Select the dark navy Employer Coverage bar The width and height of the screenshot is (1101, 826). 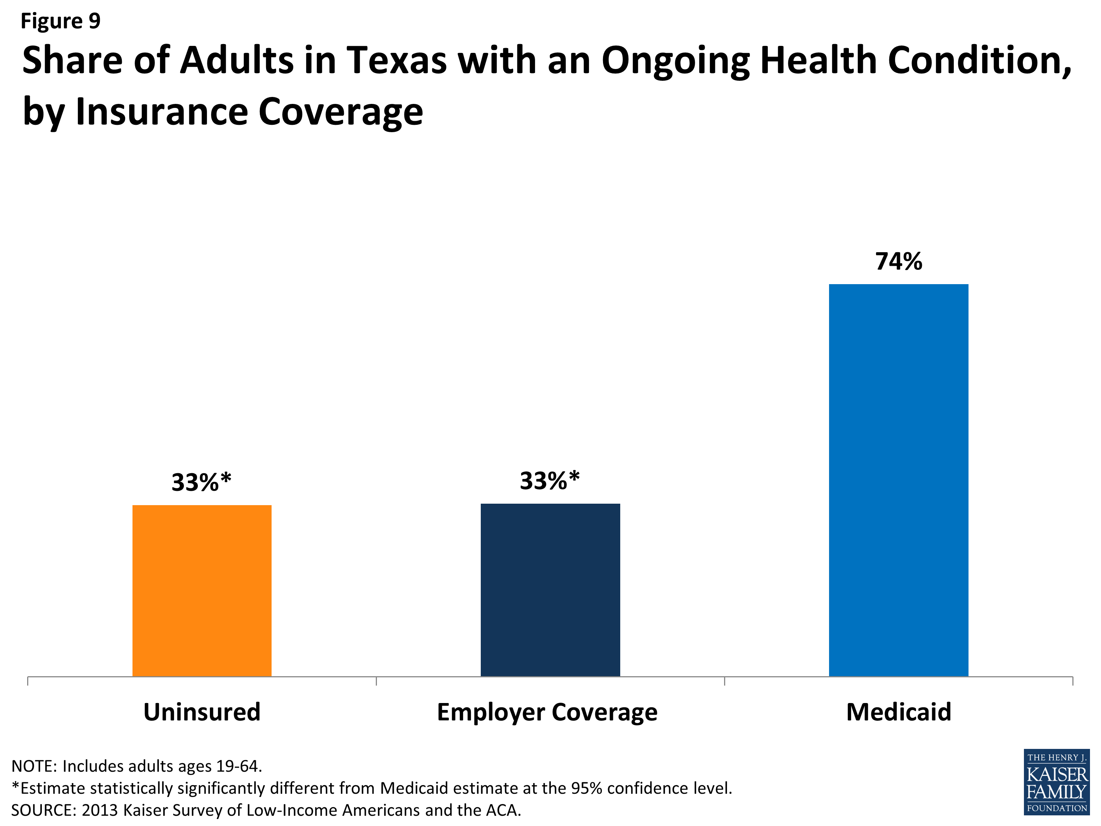point(550,590)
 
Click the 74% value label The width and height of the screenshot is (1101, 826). point(898,261)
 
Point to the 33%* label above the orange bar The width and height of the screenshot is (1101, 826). point(201,482)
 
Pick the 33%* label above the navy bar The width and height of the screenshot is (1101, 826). point(549,481)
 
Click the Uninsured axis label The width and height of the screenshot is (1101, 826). point(201,712)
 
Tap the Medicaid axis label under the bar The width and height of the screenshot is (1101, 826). point(898,712)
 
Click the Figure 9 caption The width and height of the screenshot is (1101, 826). point(60,21)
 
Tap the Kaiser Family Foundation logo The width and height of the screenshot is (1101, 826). point(1057,782)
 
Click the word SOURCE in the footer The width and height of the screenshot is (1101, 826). point(43,811)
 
